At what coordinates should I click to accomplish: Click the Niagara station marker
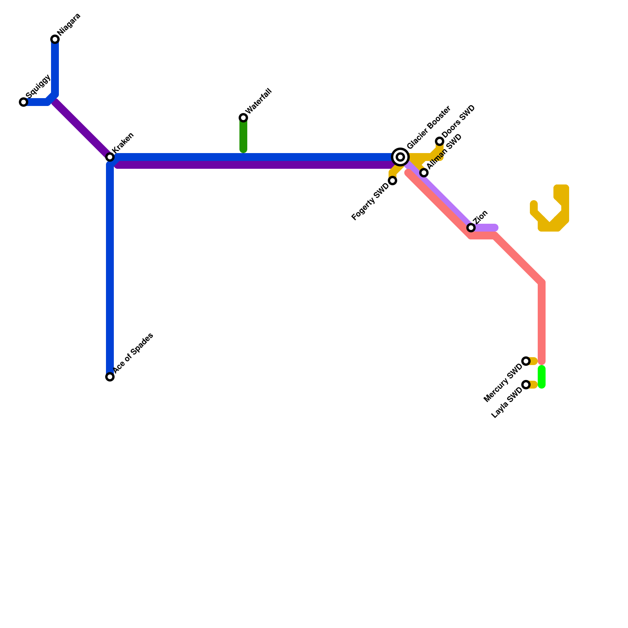55,39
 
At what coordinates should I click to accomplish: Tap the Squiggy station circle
24,102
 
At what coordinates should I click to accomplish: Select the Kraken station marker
110,157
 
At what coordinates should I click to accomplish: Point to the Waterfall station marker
243,118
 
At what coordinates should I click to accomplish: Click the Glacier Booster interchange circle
400,157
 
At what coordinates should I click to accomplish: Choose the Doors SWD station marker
440,141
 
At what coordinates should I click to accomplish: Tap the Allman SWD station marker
424,173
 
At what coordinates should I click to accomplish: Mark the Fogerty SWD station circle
392,181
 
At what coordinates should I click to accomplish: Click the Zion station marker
471,228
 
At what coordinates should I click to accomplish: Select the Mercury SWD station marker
526,361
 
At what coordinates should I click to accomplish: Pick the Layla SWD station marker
526,385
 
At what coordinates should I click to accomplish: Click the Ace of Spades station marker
110,377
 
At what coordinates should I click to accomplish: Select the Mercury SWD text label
503,383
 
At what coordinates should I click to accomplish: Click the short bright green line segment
542,377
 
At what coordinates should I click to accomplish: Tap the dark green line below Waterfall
243,135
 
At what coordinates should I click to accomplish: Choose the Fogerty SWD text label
370,202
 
